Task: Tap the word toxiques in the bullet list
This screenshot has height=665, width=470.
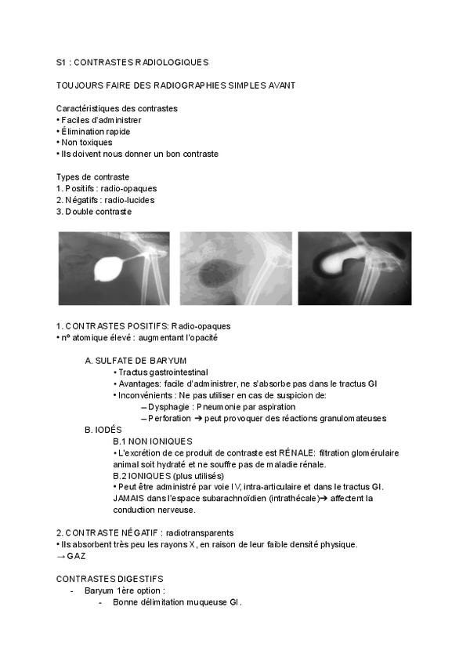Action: click(x=94, y=143)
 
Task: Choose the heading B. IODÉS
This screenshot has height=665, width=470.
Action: click(x=103, y=430)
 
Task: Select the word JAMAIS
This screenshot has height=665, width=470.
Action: click(x=131, y=498)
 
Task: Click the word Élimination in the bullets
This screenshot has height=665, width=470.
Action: click(x=85, y=131)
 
